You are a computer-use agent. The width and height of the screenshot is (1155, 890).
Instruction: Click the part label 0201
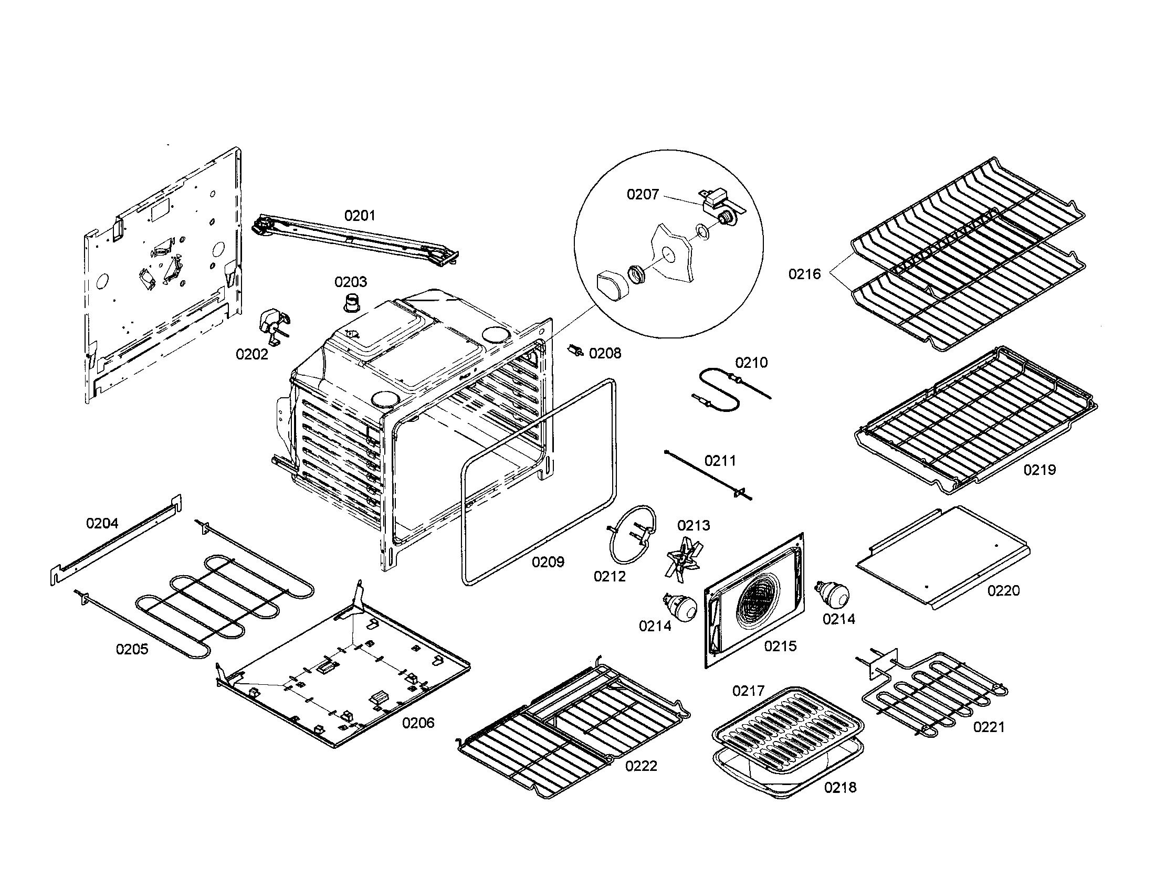pyautogui.click(x=360, y=216)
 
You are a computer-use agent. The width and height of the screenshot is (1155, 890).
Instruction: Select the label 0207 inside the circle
pyautogui.click(x=643, y=195)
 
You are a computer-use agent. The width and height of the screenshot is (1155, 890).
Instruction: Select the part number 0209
pyautogui.click(x=548, y=562)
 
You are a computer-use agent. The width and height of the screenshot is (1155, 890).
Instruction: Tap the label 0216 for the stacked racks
pyautogui.click(x=804, y=274)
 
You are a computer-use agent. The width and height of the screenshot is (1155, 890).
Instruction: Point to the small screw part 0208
pyautogui.click(x=576, y=351)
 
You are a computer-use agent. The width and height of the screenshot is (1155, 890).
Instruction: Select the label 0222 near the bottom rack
pyautogui.click(x=641, y=766)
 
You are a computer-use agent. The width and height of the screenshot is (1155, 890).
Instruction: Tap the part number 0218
pyautogui.click(x=840, y=788)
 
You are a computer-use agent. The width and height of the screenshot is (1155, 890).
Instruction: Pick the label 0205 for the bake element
pyautogui.click(x=132, y=649)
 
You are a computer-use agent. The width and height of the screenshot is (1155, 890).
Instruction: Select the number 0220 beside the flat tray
pyautogui.click(x=1003, y=590)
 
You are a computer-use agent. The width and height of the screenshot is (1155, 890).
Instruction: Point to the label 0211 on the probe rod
pyautogui.click(x=720, y=461)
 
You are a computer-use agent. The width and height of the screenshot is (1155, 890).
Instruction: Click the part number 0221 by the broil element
pyautogui.click(x=989, y=727)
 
